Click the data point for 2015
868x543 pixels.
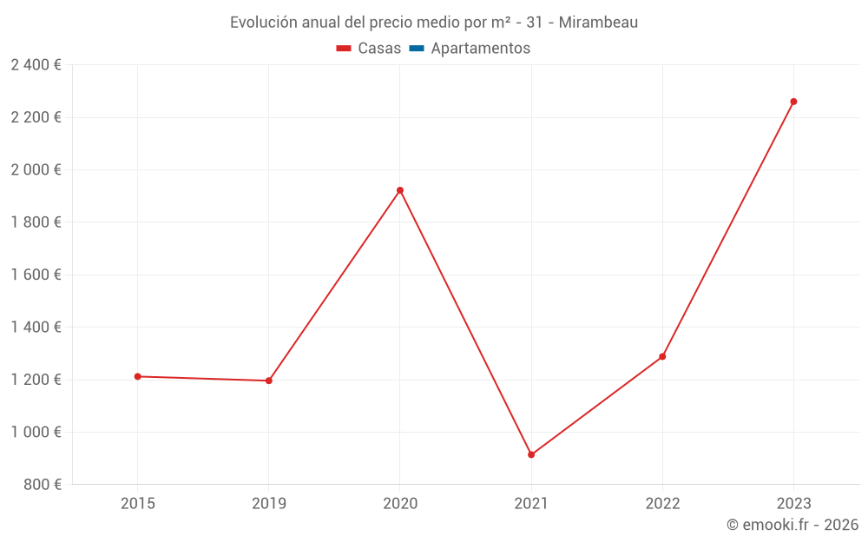tap(137, 376)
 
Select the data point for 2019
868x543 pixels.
tap(269, 381)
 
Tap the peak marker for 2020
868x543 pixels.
tap(400, 190)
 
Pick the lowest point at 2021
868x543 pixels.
tap(531, 454)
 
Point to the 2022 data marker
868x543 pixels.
tap(662, 356)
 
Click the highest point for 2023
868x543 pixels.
tap(793, 102)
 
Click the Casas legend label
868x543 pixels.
tap(379, 49)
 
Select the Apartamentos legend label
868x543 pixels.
tap(480, 49)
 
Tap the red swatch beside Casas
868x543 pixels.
tap(344, 49)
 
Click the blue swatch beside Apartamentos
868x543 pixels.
tap(417, 49)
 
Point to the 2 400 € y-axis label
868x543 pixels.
tap(36, 65)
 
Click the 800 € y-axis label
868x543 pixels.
tap(43, 485)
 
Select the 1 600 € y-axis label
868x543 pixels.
tap(36, 275)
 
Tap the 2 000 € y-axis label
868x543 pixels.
tap(36, 170)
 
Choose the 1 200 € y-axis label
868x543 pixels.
tap(36, 380)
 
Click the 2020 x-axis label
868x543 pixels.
tap(400, 504)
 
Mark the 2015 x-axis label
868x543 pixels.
tap(137, 504)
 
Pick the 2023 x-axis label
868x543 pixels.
tap(793, 504)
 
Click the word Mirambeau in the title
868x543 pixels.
tap(598, 23)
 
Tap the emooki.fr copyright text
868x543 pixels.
tap(792, 525)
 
